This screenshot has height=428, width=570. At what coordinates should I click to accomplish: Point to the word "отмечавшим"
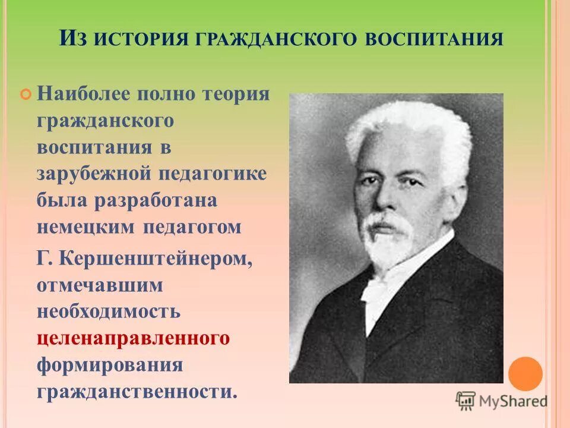pos(99,285)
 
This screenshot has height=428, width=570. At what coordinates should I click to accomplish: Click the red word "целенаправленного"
pos(133,338)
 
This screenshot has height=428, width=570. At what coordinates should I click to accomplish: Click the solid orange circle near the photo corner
pos(525,373)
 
